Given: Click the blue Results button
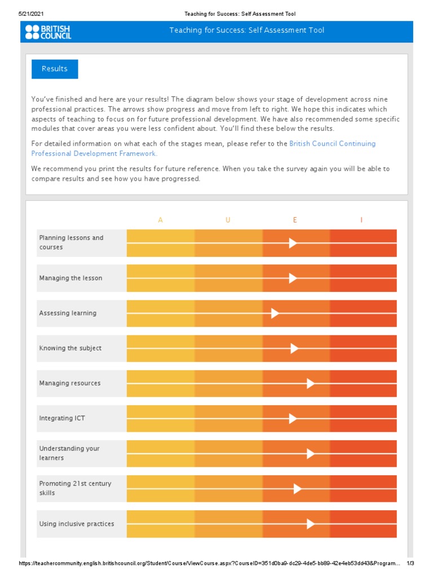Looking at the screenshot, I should point(55,69).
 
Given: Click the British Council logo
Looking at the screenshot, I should point(48,32).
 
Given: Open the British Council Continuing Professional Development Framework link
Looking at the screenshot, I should point(204,148).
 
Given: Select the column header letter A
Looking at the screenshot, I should point(161,220).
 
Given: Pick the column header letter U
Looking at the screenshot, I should point(228,220).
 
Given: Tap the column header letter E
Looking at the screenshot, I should point(295,220).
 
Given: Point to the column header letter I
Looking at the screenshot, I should point(361,220).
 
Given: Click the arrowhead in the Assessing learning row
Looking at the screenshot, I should point(275,313).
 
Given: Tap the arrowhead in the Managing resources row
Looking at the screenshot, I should point(311,383).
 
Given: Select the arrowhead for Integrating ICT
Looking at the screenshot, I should point(293,418).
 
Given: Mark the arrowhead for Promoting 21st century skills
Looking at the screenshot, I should point(298,489).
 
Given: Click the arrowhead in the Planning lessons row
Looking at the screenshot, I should point(293,243).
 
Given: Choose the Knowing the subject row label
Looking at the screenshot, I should point(70,348).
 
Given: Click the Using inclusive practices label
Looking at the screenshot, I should point(77,524).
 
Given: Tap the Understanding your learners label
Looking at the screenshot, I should point(69,453).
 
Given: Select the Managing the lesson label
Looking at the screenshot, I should point(71,278).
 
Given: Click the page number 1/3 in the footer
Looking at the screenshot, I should point(410,563).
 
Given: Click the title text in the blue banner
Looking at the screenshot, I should point(247,30).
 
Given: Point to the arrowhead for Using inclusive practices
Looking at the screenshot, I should point(311,524).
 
